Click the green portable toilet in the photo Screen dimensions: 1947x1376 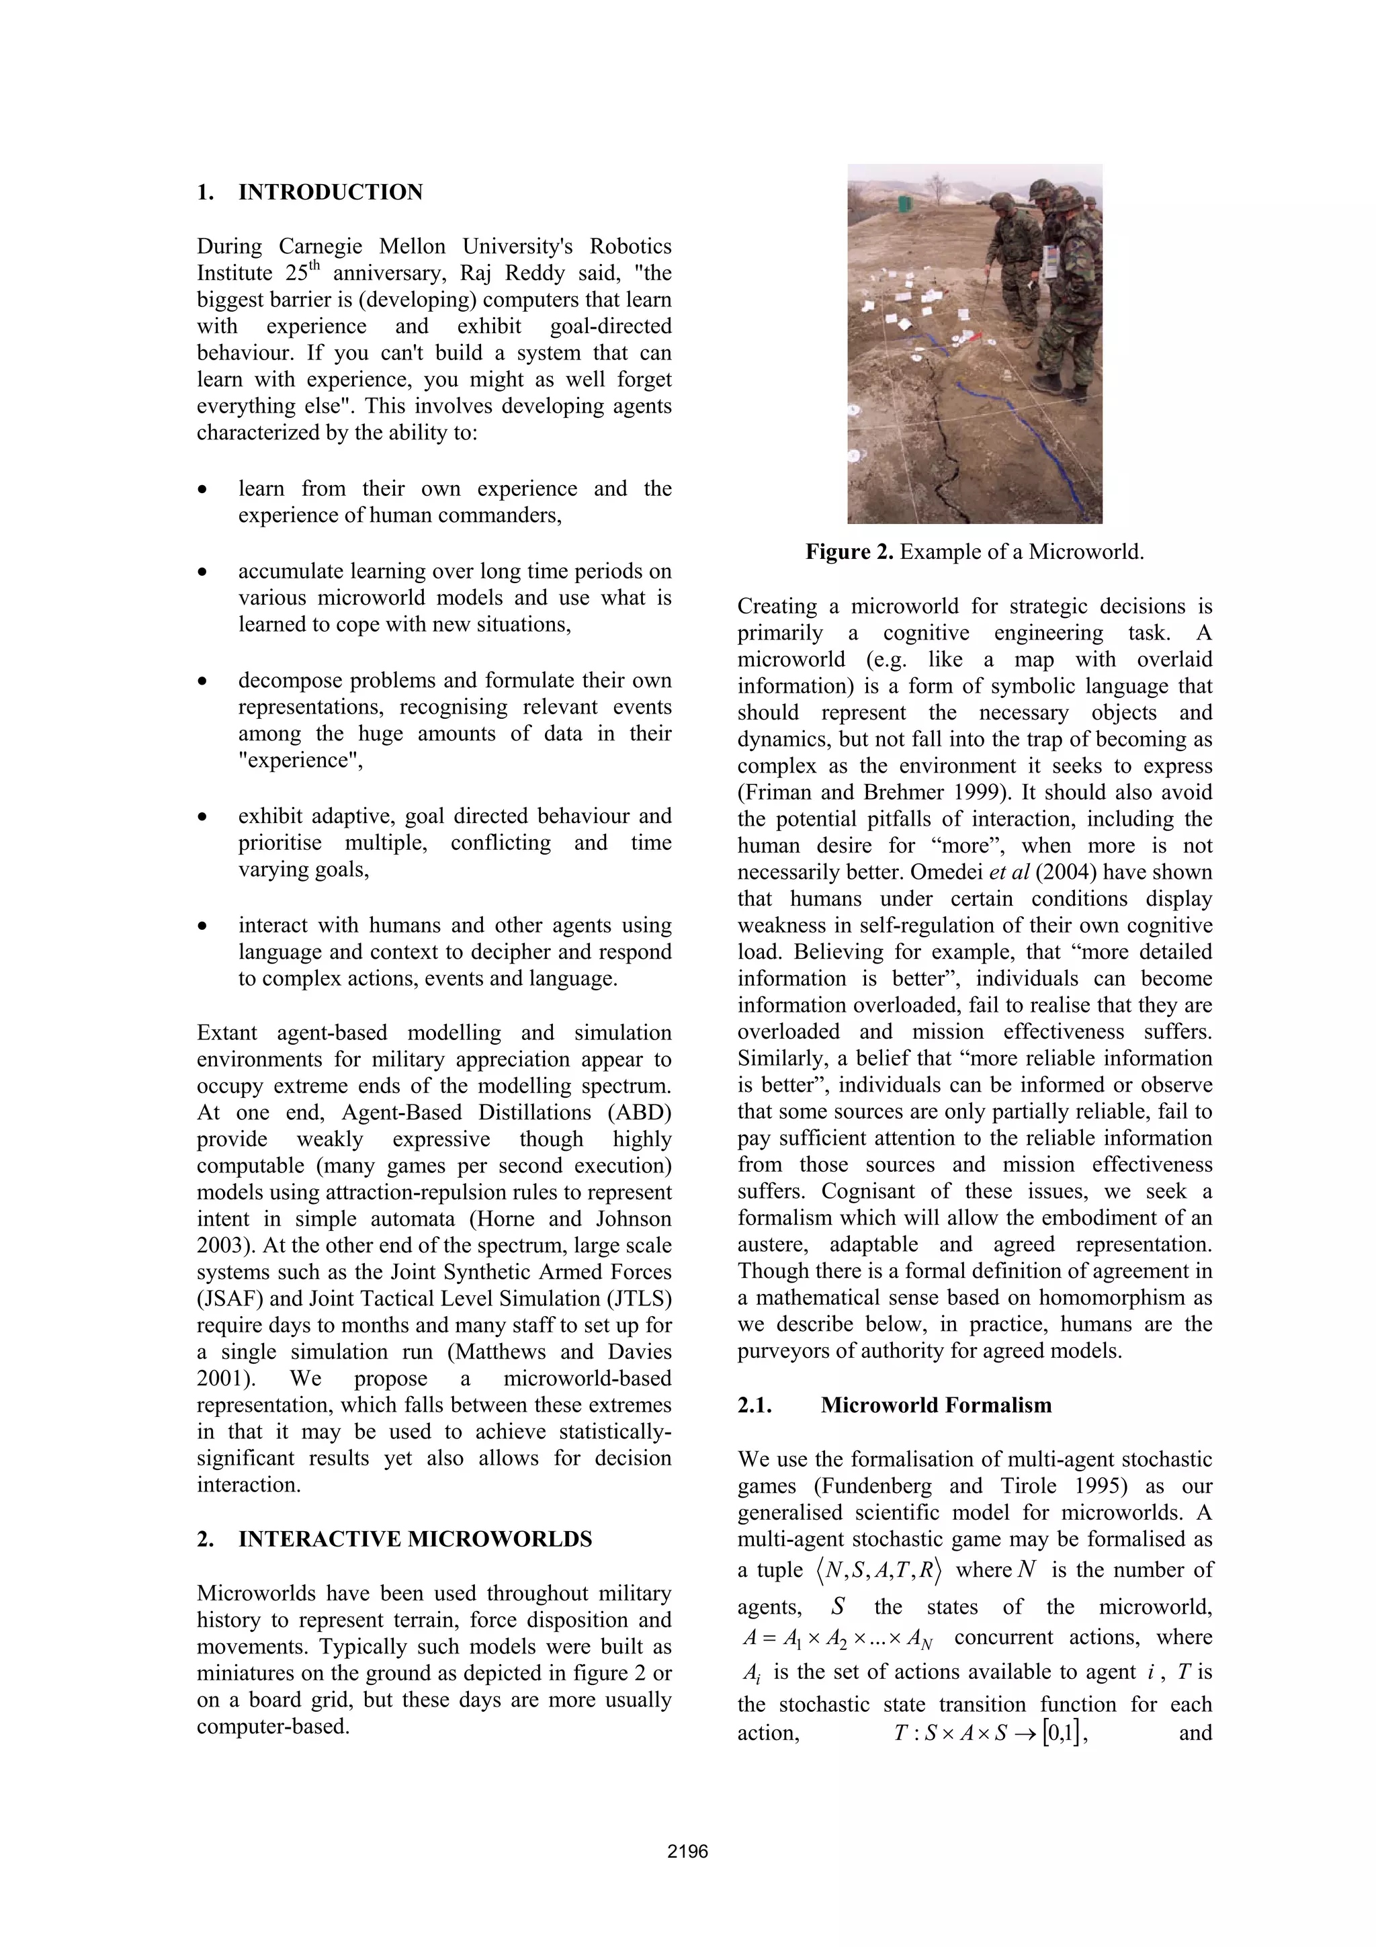pos(906,204)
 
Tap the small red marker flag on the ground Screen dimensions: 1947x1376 pos(977,337)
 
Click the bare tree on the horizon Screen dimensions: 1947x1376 pos(939,188)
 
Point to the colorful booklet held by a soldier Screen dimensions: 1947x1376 pos(1051,262)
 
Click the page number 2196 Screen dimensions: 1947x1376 pos(687,1851)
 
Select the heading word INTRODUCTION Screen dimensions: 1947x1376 pos(331,193)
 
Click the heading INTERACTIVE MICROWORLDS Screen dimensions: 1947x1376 pos(415,1539)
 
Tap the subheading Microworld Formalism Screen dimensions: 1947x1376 pos(936,1405)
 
